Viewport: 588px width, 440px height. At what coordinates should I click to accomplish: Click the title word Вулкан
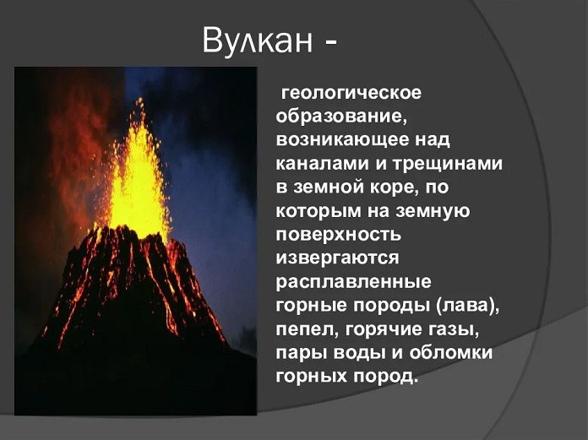[x=257, y=41]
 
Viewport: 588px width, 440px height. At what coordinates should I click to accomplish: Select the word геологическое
[x=351, y=94]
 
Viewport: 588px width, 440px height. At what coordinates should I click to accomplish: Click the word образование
[x=341, y=117]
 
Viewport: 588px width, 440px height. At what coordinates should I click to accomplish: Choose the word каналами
[x=322, y=164]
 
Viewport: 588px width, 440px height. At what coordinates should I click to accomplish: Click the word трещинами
[x=448, y=165]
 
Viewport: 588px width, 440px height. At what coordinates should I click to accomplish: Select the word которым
[x=318, y=211]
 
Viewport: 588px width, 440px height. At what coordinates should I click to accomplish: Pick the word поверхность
[x=339, y=235]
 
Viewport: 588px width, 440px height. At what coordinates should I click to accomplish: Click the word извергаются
[x=337, y=258]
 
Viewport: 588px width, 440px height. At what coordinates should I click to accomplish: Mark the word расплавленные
[x=354, y=282]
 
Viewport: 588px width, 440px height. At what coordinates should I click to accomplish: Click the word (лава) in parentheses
[x=467, y=306]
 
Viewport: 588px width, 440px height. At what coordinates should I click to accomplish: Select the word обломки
[x=450, y=353]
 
